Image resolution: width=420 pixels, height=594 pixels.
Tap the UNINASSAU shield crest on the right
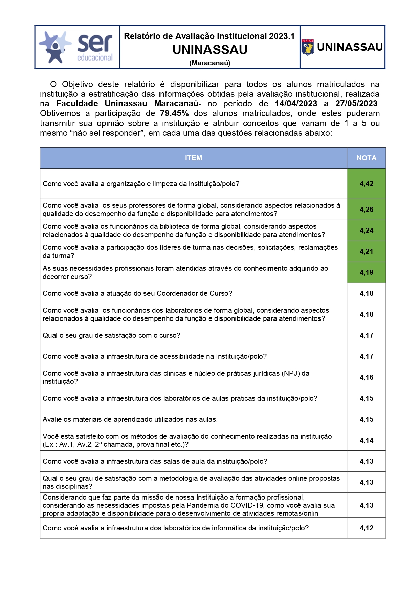[308, 47]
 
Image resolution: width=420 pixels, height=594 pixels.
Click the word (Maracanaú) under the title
[210, 63]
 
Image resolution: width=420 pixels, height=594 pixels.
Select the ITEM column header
[193, 158]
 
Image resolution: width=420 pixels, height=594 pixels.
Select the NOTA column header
[366, 158]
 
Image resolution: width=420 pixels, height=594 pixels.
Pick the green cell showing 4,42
[366, 184]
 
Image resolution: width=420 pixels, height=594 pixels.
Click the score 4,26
[366, 210]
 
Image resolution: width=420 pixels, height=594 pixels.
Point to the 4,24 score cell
[366, 230]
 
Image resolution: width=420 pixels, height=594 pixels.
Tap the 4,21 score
[366, 251]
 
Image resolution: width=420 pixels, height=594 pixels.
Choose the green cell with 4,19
[366, 272]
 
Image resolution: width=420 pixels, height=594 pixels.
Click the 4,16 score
[366, 377]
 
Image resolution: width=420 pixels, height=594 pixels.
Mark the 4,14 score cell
[366, 440]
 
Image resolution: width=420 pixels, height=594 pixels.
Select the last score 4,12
[366, 528]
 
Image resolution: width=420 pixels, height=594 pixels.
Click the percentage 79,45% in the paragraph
[174, 113]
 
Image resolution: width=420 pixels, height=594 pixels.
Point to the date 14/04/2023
[296, 104]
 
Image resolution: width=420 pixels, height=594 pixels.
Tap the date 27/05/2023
[357, 104]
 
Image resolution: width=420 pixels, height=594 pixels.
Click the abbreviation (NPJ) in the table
[291, 373]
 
